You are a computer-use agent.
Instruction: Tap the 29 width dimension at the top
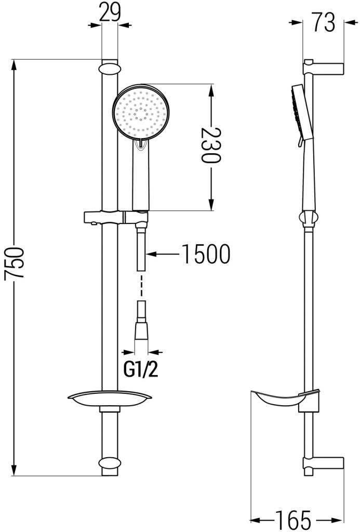110,11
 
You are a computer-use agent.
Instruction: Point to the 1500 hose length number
206,254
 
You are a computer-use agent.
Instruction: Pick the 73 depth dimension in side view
323,22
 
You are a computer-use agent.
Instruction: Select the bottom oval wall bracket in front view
109,464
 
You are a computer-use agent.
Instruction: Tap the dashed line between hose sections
141,285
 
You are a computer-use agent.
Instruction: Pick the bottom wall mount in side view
323,463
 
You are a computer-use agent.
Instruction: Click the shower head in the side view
301,112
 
